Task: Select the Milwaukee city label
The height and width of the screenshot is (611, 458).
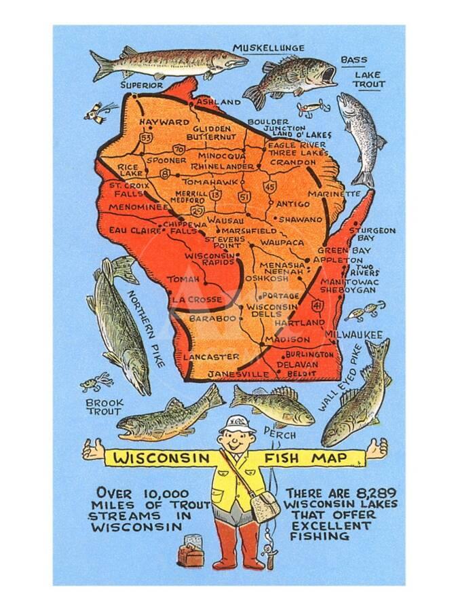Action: pos(354,335)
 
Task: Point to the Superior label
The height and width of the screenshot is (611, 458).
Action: pos(142,85)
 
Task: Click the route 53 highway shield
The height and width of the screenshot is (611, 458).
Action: pos(145,138)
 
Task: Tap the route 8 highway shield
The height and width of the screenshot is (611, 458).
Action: pos(165,174)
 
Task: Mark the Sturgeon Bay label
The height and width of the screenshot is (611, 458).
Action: pos(372,234)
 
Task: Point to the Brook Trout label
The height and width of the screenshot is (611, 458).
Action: pos(104,407)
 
